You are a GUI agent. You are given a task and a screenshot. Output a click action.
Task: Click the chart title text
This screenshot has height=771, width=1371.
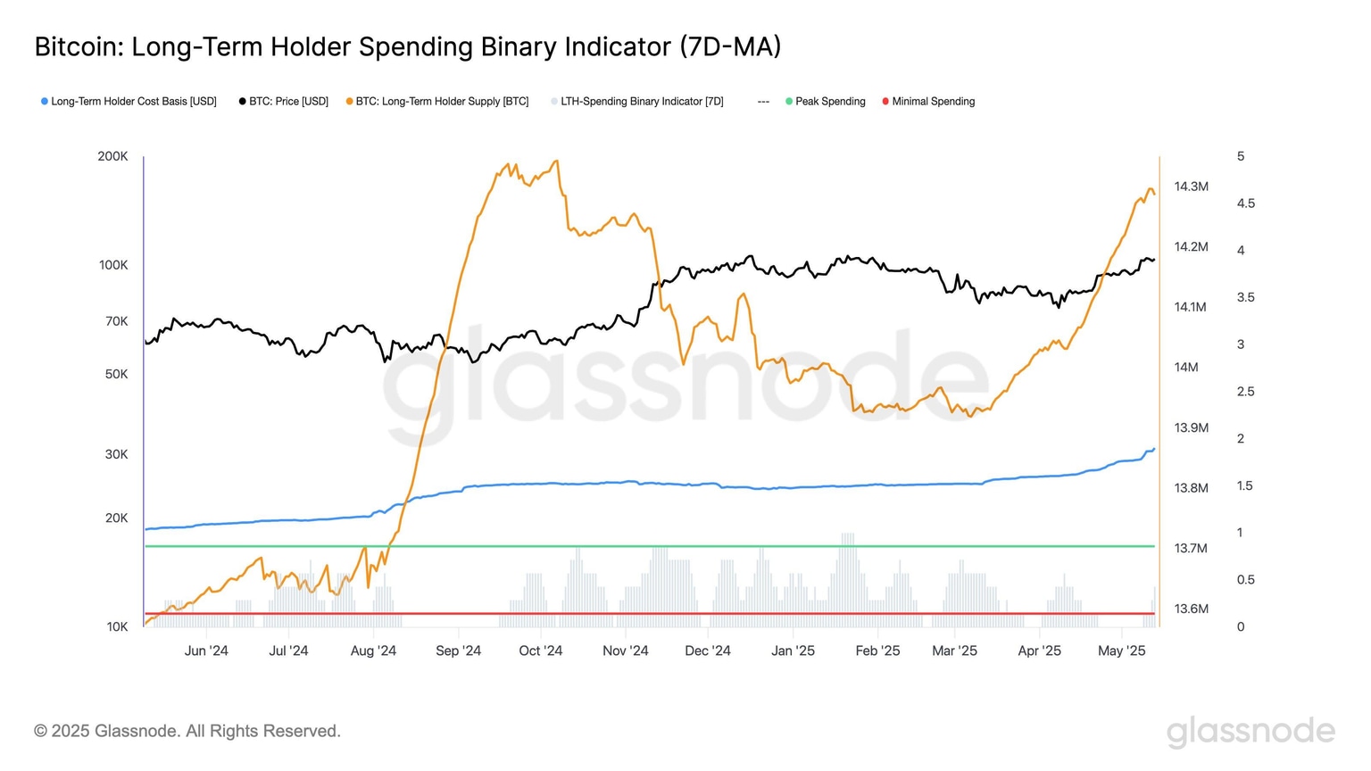click(407, 46)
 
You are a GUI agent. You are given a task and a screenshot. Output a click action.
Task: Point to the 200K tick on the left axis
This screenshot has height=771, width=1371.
click(112, 156)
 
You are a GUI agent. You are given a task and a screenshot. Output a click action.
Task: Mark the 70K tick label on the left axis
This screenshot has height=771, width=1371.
click(116, 321)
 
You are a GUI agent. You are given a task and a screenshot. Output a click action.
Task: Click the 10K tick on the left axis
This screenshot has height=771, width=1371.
click(117, 626)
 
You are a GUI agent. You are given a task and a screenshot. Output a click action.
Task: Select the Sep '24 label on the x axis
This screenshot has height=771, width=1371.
click(458, 651)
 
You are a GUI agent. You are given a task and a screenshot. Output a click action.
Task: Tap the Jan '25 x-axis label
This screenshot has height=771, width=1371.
click(793, 651)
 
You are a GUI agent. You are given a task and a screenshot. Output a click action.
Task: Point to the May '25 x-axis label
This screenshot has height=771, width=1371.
click(1121, 651)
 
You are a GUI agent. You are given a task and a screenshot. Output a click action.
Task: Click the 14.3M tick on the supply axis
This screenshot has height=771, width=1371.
click(1191, 187)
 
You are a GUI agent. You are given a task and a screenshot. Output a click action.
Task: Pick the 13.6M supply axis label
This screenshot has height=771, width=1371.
click(1191, 609)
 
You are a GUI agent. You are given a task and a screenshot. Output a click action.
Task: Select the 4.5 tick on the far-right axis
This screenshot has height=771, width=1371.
click(1245, 203)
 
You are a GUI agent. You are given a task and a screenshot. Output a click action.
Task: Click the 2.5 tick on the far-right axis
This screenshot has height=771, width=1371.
click(1245, 392)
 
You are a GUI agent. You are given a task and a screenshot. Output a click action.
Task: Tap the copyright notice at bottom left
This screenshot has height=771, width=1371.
click(187, 731)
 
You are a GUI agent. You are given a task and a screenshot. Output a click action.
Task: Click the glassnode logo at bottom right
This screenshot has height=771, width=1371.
click(1251, 731)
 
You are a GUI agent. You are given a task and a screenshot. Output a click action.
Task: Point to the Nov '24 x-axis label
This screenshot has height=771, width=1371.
click(625, 651)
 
